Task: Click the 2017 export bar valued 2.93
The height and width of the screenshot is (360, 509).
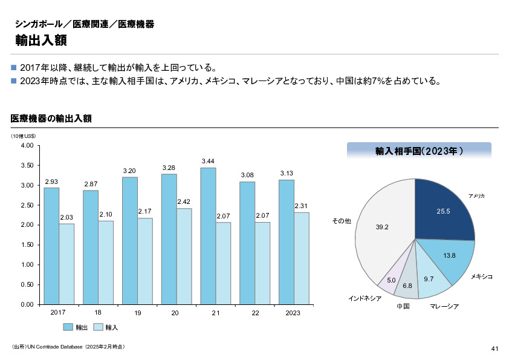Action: pos(51,245)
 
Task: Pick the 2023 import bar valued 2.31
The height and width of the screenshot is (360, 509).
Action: pos(301,258)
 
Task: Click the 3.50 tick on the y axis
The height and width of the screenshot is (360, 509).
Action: pos(26,165)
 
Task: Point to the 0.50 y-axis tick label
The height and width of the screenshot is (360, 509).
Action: pos(26,284)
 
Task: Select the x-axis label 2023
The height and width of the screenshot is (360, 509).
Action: pos(293,313)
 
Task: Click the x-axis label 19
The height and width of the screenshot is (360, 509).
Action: pos(137,313)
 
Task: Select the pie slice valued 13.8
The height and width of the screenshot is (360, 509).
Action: pos(447,257)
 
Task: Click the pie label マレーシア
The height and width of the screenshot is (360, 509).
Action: pos(444,307)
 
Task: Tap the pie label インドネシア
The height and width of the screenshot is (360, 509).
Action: pos(365,299)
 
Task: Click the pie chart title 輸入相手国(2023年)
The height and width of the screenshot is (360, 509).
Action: pos(419,151)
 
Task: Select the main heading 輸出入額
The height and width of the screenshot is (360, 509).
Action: pos(41,41)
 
